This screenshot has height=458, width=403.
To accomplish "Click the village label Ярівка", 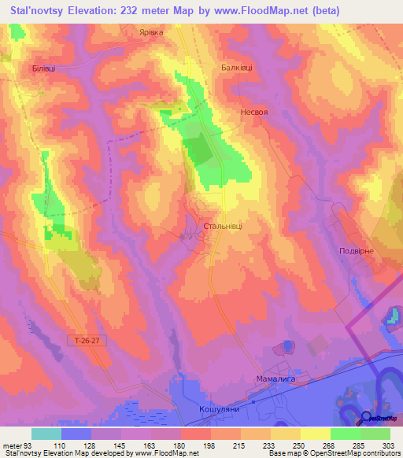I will click(x=150, y=33).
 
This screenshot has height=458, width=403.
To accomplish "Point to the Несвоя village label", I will click(x=254, y=113).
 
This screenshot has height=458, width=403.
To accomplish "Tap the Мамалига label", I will click(x=275, y=378).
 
